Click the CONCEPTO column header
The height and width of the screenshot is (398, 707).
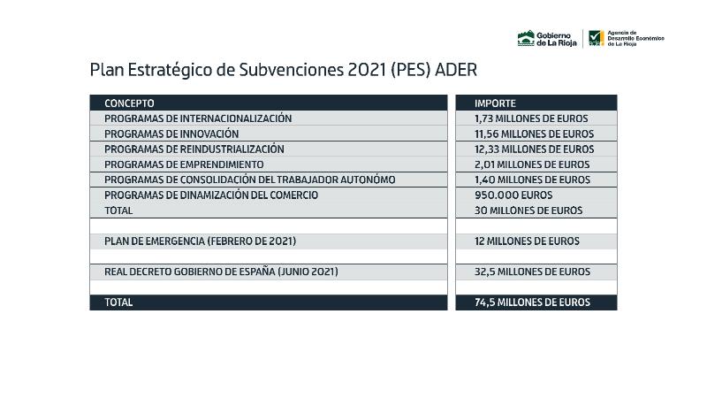click(x=129, y=103)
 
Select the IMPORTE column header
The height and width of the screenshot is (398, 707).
click(x=495, y=103)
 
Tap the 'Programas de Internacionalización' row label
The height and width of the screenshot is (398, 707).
click(x=198, y=119)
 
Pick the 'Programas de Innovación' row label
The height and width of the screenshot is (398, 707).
click(x=171, y=134)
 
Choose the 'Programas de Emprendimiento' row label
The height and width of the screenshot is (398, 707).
click(x=184, y=165)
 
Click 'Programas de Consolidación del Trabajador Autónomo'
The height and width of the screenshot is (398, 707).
click(x=249, y=180)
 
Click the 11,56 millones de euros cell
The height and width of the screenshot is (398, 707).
click(x=534, y=134)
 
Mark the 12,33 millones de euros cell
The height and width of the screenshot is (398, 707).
click(x=534, y=149)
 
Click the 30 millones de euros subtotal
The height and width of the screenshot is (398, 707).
click(x=528, y=210)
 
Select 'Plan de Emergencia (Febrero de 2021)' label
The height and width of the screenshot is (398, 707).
click(x=200, y=241)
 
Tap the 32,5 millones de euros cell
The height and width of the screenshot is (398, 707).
click(x=532, y=272)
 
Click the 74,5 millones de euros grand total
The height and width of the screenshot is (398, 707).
click(x=532, y=302)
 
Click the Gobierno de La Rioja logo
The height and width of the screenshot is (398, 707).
click(x=546, y=38)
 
